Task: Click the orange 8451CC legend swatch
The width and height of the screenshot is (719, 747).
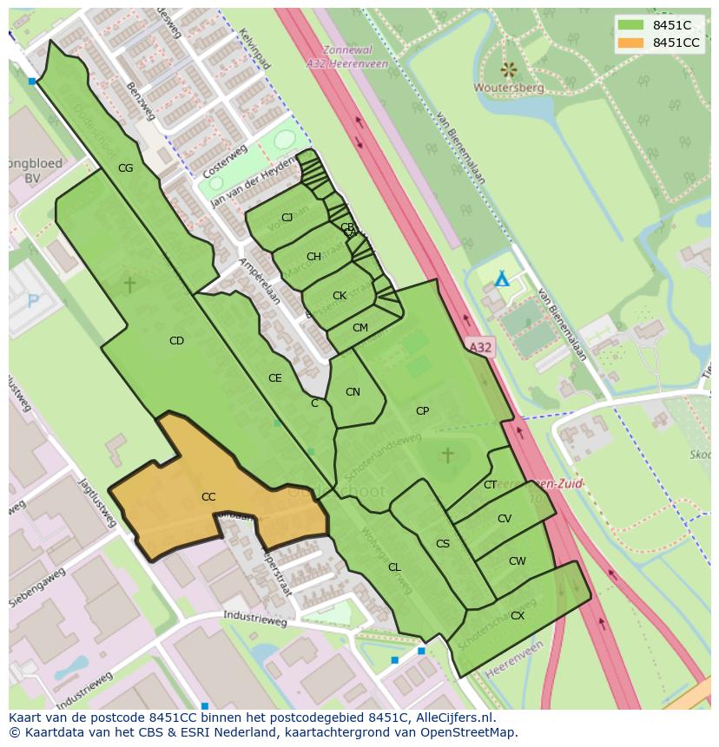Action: pos(630,43)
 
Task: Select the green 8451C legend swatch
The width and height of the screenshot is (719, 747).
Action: pos(630,25)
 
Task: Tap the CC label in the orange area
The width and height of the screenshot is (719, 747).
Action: pos(208,497)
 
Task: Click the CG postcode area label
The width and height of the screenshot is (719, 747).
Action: pos(125,168)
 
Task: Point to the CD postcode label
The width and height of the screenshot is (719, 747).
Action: pos(176,341)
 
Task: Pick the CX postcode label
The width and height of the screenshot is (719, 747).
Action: pos(518,616)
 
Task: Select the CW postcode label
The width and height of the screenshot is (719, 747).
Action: pos(518,561)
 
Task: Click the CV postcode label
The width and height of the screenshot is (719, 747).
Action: pos(505,519)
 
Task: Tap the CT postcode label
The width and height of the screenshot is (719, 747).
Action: pos(491,485)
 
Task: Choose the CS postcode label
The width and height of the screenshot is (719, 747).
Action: pos(443,544)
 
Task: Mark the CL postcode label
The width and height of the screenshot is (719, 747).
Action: pos(394,567)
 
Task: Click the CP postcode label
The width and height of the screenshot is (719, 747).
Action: pos(422,411)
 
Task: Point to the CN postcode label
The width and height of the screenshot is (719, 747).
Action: pos(353,392)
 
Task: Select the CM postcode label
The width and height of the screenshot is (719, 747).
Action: pos(360,328)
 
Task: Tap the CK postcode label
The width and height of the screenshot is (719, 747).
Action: pos(340,296)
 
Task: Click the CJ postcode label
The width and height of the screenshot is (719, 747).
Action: pos(287,218)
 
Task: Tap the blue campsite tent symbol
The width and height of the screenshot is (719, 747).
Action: pos(501,279)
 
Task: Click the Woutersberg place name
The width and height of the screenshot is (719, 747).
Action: pos(509,88)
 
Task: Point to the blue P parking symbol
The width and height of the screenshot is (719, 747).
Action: pos(34,301)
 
